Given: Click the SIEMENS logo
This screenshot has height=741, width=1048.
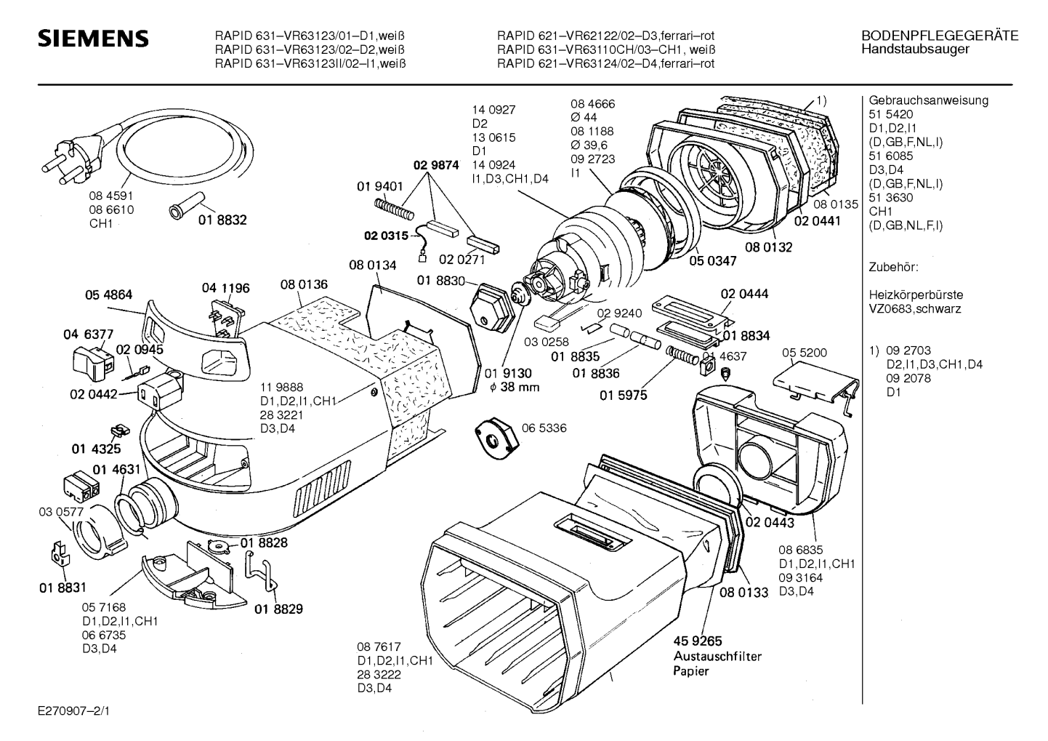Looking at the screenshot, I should [x=93, y=38].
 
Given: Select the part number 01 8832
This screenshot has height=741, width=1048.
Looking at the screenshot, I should [x=222, y=220].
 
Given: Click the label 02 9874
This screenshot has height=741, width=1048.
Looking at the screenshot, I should [x=436, y=165].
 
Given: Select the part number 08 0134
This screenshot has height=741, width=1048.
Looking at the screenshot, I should [x=372, y=265].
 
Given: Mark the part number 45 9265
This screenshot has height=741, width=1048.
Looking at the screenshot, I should [x=698, y=641].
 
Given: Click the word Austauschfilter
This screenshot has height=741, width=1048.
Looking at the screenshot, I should [x=717, y=656].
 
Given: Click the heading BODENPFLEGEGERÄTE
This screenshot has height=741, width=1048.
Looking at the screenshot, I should [x=939, y=36].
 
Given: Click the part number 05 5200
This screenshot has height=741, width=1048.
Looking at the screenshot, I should [x=804, y=353].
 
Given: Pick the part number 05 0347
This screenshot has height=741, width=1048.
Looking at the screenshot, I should [x=713, y=260].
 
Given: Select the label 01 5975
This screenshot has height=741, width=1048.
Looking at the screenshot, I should [x=623, y=396].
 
